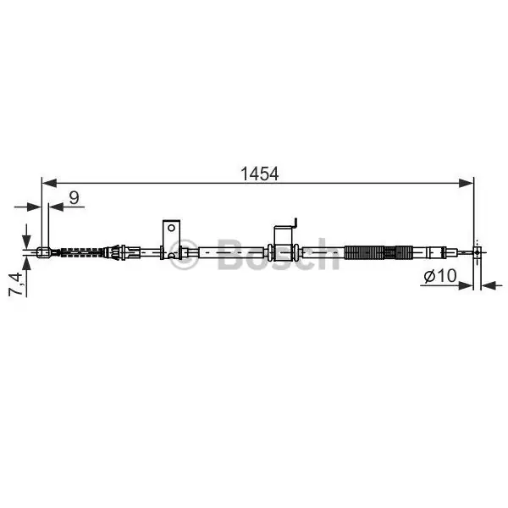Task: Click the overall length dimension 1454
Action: coord(259,174)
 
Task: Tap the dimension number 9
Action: coord(75,197)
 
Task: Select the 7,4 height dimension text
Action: coord(16,284)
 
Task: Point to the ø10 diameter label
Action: coord(440,276)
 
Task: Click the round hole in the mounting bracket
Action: coord(171,228)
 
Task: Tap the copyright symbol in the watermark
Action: coord(184,254)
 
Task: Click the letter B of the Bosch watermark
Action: coord(232,254)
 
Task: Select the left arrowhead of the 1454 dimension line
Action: coord(49,183)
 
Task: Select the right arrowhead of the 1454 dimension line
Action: coord(466,183)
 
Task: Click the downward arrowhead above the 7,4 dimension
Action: coord(26,241)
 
